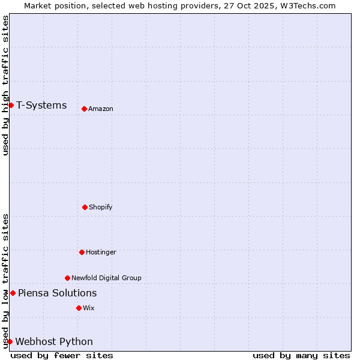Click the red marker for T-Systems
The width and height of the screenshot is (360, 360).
[x=11, y=106]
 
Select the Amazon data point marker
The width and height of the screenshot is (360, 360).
[x=84, y=109]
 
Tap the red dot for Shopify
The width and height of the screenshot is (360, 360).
[x=85, y=207]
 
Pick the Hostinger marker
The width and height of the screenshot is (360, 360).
[x=82, y=252]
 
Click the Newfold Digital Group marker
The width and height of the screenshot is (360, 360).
[x=67, y=278]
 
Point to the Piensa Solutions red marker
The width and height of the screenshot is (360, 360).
[x=13, y=293]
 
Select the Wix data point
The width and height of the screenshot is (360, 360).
[x=79, y=308]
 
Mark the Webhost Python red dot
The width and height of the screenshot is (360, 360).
[x=10, y=341]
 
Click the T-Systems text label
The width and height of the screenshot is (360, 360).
[x=41, y=106]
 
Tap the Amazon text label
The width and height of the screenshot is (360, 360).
[x=101, y=109]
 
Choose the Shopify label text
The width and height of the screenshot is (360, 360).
[x=101, y=207]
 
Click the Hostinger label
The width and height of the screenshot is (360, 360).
[x=101, y=252]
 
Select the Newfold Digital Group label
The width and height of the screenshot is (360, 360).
[x=106, y=278]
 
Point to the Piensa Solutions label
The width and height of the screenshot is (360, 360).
[x=57, y=293]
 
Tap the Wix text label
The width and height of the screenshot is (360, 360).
[x=89, y=308]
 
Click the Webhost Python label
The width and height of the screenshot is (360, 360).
[x=54, y=341]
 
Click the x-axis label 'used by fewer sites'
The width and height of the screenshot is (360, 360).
[x=62, y=355]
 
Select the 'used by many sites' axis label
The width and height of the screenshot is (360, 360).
[x=301, y=355]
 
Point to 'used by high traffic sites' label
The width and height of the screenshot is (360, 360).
[x=5, y=85]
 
